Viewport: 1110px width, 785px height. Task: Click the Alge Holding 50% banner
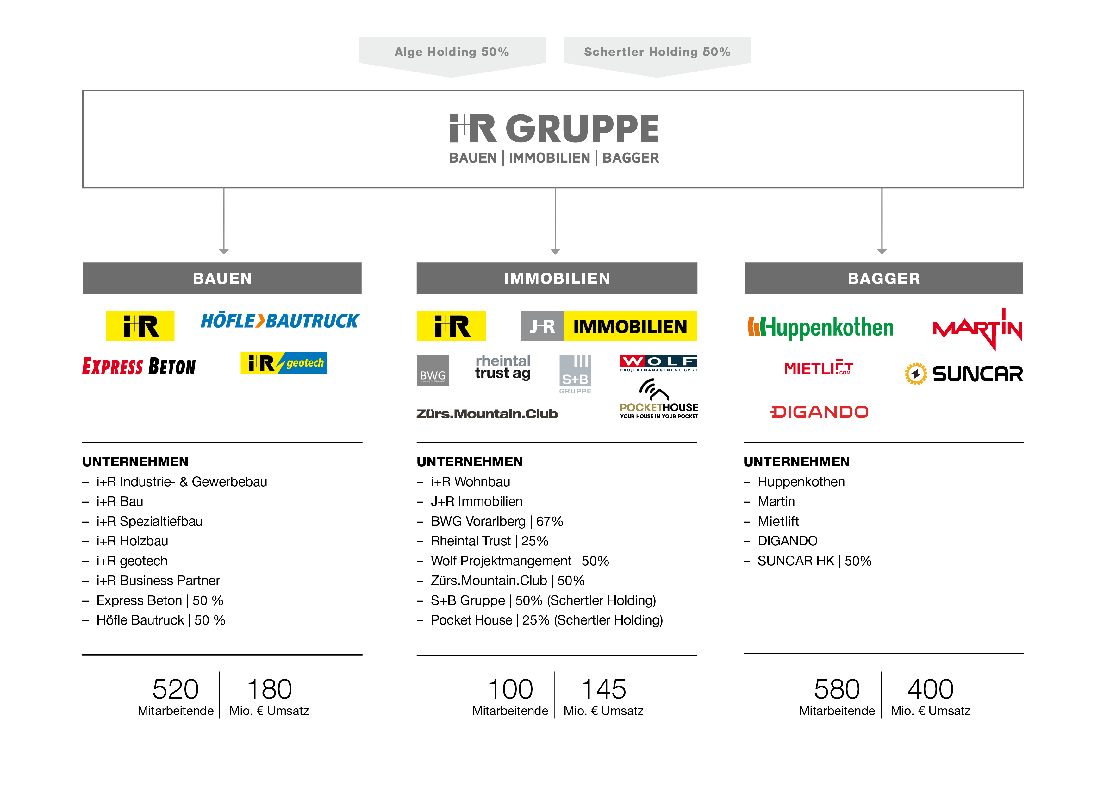point(452,52)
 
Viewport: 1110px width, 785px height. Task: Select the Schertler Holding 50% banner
point(657,52)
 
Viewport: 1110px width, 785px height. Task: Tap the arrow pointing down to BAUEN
point(224,251)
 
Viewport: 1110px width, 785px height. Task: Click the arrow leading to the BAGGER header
point(882,251)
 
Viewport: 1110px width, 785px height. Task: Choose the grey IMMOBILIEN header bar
point(557,279)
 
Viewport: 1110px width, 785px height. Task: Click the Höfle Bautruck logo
point(280,321)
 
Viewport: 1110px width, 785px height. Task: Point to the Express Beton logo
point(139,367)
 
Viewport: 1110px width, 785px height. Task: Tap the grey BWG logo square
point(433,371)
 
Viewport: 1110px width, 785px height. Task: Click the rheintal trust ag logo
point(503,367)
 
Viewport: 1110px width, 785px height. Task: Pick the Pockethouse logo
point(658,399)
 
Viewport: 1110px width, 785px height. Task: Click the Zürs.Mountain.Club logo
point(487,414)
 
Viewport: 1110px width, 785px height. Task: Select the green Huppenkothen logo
point(820,327)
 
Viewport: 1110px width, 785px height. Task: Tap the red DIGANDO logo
point(819,412)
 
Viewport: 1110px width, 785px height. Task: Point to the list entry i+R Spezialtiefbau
point(149,521)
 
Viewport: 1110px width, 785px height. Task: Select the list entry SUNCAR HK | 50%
point(814,561)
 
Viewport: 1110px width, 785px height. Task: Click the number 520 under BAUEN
point(176,689)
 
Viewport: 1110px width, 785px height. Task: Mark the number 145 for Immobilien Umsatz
point(603,689)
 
